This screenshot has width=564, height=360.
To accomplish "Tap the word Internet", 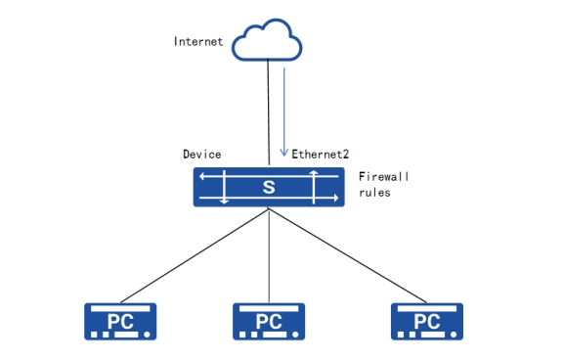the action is (x=198, y=41).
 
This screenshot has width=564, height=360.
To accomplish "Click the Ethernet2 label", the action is (x=321, y=155).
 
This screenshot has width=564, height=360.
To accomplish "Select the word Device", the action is (x=201, y=155).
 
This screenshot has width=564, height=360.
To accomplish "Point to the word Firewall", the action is (x=383, y=176).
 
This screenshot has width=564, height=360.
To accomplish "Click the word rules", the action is (x=374, y=193).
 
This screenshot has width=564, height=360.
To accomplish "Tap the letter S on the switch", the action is (x=269, y=187).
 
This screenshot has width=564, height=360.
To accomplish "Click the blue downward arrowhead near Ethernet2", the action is (x=284, y=153).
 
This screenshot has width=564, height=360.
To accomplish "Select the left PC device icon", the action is (x=120, y=322).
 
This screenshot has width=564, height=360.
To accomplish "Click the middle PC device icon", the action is (x=269, y=322).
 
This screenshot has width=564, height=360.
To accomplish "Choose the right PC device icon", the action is (x=427, y=322).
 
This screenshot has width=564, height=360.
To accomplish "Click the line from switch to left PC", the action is (x=195, y=256).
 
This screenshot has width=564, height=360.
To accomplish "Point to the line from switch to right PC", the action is (x=347, y=256).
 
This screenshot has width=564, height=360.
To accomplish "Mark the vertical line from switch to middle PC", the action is (x=269, y=256).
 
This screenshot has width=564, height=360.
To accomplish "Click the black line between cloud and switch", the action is (x=269, y=112).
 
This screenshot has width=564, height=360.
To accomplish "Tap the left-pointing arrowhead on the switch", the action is (x=202, y=176).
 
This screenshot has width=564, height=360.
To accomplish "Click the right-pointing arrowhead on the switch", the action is (x=336, y=198).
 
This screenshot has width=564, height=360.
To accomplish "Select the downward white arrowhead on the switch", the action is (x=225, y=202).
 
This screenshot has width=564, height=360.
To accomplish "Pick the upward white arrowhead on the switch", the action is (x=314, y=172).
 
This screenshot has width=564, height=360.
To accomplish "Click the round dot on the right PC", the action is (x=454, y=335).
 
